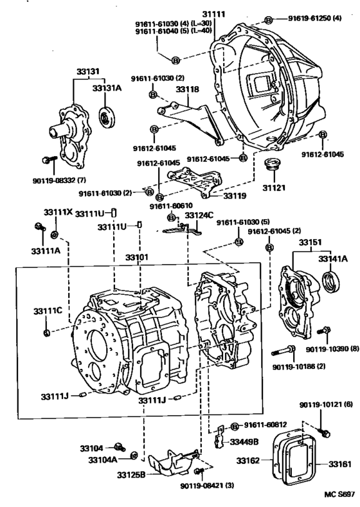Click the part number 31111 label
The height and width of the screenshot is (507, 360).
click(214, 14)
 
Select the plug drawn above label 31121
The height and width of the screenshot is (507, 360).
click(273, 164)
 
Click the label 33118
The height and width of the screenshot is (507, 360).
click(187, 89)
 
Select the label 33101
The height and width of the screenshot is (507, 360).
click(137, 258)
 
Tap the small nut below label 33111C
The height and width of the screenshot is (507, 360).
click(46, 332)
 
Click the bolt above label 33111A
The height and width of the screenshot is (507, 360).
click(40, 227)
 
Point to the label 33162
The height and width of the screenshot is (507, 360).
click(248, 461)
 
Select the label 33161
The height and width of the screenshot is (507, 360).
click(340, 465)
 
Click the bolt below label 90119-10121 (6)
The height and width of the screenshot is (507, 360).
click(325, 432)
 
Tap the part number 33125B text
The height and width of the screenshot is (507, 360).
click(131, 475)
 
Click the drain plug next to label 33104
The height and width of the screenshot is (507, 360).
click(120, 447)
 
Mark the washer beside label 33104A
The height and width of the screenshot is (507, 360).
click(133, 456)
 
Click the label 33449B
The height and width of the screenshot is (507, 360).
click(244, 441)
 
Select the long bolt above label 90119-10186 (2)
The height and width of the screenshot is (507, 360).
click(283, 350)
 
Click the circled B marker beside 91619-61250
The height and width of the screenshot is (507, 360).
click(268, 20)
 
